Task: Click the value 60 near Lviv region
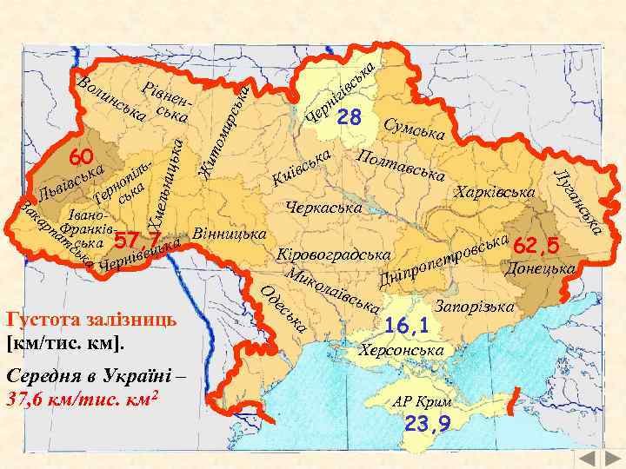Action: (82, 157)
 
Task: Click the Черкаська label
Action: (323, 208)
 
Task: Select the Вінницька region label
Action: (228, 234)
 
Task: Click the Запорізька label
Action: (474, 307)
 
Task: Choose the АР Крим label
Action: (422, 402)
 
